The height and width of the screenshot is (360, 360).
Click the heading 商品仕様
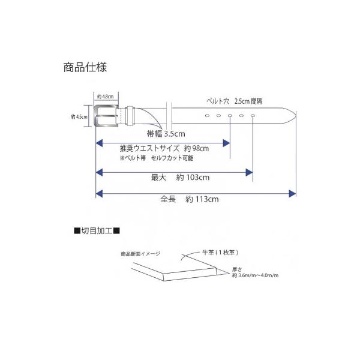(85, 67)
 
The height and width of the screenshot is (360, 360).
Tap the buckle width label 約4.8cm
(106, 97)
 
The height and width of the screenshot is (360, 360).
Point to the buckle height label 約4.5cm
(79, 117)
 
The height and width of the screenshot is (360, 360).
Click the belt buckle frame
(95, 116)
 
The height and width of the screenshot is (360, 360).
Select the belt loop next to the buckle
(130, 116)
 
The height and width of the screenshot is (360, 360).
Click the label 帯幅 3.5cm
(166, 134)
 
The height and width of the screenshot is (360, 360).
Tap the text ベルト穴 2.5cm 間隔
(235, 101)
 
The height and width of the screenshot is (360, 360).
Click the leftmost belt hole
(208, 115)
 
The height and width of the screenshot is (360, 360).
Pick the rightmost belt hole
(253, 115)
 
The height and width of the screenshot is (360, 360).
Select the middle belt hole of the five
(230, 115)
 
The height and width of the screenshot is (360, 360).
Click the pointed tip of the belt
(296, 116)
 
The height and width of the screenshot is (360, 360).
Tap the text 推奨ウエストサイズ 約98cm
(164, 148)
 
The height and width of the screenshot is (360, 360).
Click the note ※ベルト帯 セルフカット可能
(157, 158)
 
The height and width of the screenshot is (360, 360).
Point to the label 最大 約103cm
(180, 177)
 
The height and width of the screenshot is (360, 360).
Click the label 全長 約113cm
(190, 199)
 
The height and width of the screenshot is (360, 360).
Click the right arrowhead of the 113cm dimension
(292, 194)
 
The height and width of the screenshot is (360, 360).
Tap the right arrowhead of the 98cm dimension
(226, 143)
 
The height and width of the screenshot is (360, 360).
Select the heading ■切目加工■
(97, 231)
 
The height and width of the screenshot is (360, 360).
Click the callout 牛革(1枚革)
(220, 253)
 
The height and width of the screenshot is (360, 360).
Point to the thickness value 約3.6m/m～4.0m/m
(255, 275)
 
